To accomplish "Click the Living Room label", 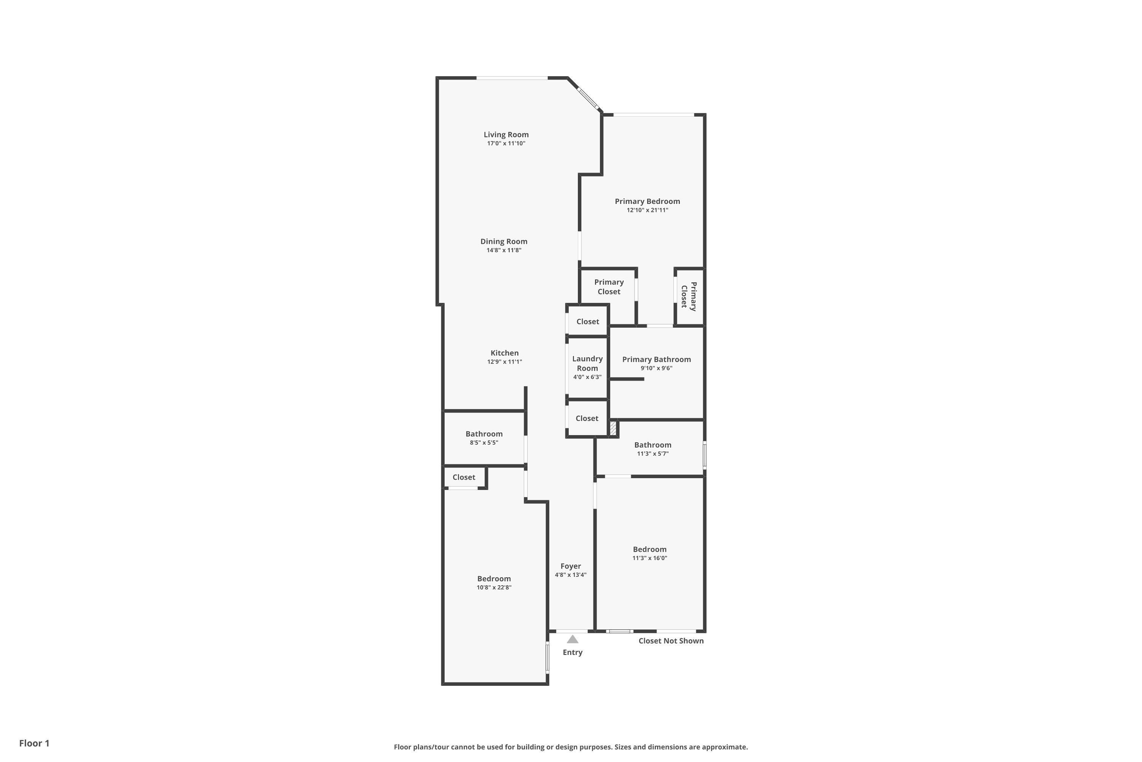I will pyautogui.click(x=506, y=134).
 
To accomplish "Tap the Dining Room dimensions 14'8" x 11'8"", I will pyautogui.click(x=504, y=250).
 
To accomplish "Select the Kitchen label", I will pyautogui.click(x=504, y=353).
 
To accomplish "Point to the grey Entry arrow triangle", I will pyautogui.click(x=573, y=640).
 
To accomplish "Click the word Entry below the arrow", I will pyautogui.click(x=573, y=653).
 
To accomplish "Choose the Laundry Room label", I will pyautogui.click(x=587, y=363).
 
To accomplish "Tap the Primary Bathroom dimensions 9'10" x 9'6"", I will pyautogui.click(x=656, y=368).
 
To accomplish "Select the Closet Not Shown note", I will pyautogui.click(x=670, y=641).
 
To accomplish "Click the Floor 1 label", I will pyautogui.click(x=34, y=743).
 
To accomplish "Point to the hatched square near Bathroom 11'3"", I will pyautogui.click(x=613, y=428).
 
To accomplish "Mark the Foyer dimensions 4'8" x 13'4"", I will pyautogui.click(x=571, y=575).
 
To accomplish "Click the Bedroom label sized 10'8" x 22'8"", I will pyautogui.click(x=494, y=579).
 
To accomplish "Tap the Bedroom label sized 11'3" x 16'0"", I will pyautogui.click(x=649, y=550).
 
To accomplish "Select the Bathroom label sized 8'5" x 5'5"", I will pyautogui.click(x=483, y=434).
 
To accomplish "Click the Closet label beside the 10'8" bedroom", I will pyautogui.click(x=464, y=477).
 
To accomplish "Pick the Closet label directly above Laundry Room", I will pyautogui.click(x=587, y=322).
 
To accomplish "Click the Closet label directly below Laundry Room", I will pyautogui.click(x=587, y=418).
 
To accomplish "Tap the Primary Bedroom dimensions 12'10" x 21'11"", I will pyautogui.click(x=647, y=210).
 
